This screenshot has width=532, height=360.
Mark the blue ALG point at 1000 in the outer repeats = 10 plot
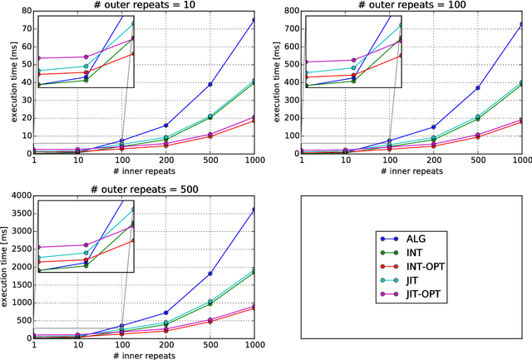[x=253, y=20]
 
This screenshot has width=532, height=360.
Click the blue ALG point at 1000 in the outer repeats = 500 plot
[x=253, y=210]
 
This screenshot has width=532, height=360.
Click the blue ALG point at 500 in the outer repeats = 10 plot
[x=209, y=85]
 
